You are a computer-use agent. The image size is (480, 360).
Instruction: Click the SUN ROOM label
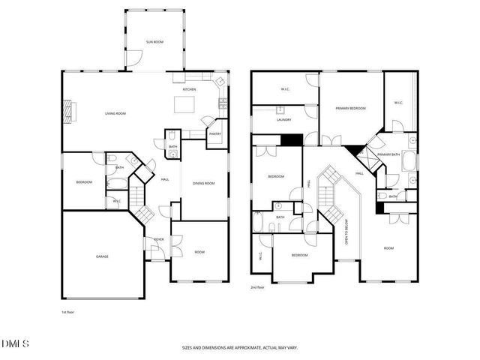click(155, 40)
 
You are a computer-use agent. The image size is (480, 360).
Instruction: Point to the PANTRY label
click(214, 134)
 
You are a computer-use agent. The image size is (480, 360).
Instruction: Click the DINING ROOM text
click(204, 183)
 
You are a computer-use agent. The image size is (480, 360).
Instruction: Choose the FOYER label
click(159, 239)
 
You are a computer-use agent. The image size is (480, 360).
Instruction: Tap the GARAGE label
click(102, 256)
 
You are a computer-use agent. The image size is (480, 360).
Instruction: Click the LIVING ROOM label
click(115, 113)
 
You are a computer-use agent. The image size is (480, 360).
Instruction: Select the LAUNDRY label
click(283, 119)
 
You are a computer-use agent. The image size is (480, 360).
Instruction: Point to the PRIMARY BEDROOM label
click(350, 109)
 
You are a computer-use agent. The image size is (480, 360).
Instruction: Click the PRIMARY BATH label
click(388, 154)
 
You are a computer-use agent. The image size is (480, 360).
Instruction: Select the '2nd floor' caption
click(259, 287)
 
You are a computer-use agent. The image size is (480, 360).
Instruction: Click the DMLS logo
click(15, 343)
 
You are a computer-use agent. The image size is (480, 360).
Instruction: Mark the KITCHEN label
click(189, 90)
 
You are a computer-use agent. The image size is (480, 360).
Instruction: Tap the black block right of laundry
click(290, 140)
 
